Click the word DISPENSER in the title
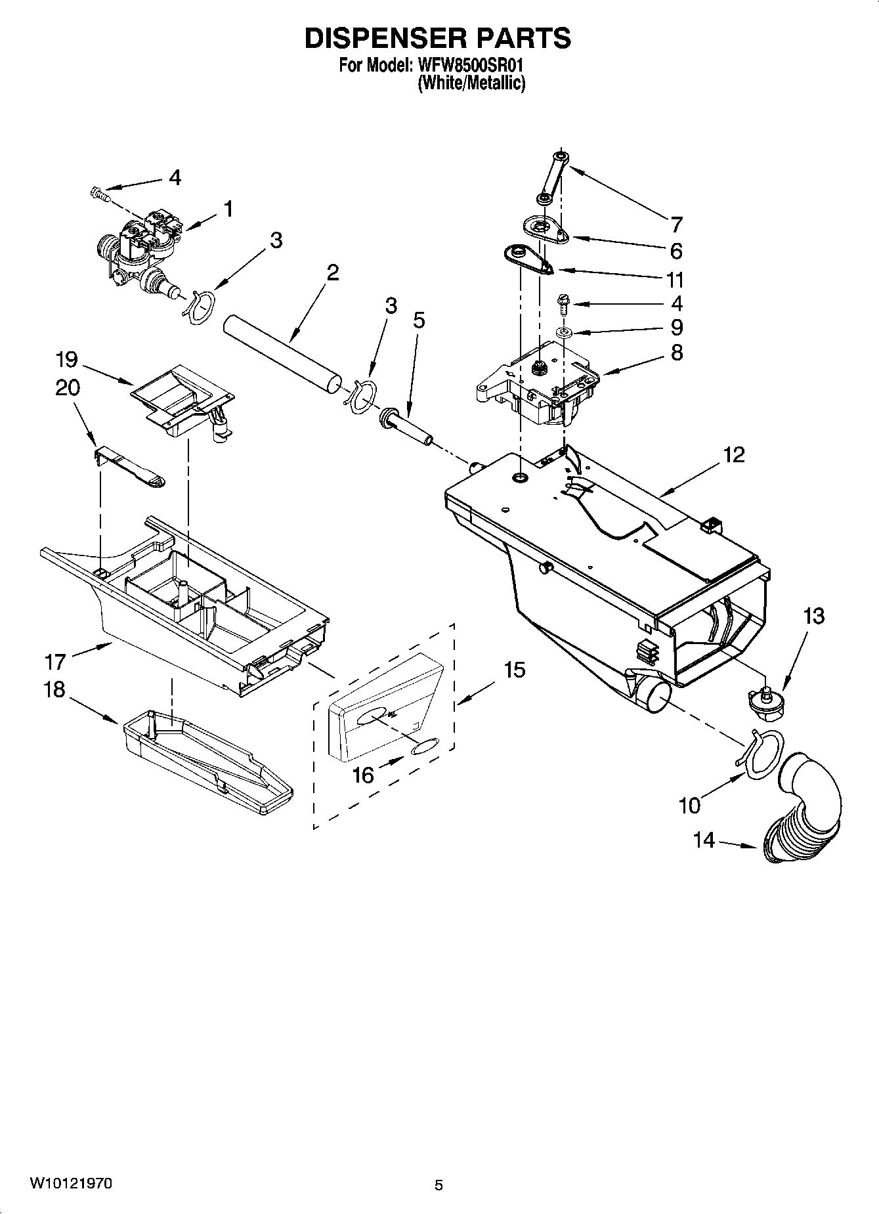375,39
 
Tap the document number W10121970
71,1184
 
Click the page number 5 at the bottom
439,1185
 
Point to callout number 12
734,454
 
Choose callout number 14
704,840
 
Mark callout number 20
68,388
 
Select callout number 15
515,670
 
